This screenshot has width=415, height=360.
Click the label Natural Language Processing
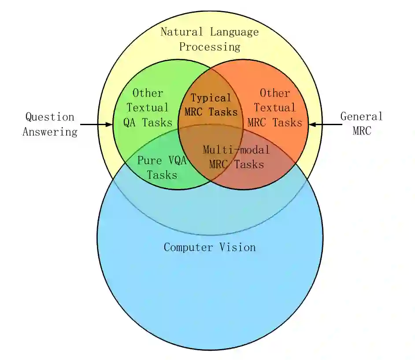click(x=210, y=39)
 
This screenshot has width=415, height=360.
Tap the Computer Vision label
click(x=210, y=247)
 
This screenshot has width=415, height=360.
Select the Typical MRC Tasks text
click(x=211, y=105)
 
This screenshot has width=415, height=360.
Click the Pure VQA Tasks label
click(x=162, y=167)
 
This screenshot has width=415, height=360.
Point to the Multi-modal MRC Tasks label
click(x=237, y=157)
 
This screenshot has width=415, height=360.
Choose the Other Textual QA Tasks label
click(x=148, y=108)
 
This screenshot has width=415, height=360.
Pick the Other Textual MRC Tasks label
click(x=275, y=108)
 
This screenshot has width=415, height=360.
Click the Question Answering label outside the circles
click(x=50, y=124)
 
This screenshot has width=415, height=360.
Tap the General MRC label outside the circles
click(x=362, y=123)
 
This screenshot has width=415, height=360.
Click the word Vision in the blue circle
click(x=238, y=247)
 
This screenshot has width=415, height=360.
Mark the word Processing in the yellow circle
click(x=210, y=47)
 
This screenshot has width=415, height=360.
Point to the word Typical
click(x=211, y=98)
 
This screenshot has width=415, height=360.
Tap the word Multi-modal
click(x=237, y=150)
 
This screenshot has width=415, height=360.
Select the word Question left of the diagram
click(x=50, y=117)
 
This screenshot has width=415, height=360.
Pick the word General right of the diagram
click(x=362, y=116)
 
